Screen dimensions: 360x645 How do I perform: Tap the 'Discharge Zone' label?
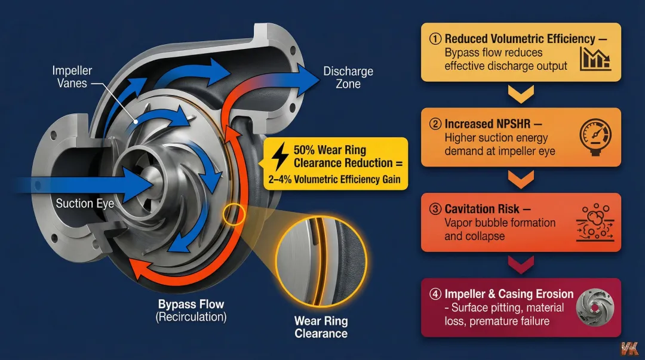coord(348,78)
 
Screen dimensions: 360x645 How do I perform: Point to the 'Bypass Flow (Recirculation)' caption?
coord(191,311)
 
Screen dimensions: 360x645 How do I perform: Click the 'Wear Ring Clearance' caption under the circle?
coord(321,327)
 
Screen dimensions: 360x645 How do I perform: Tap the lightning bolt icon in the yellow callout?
coord(279,156)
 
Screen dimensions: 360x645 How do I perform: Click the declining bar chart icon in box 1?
coord(595,58)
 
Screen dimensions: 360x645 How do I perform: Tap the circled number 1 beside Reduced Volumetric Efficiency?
coord(435,39)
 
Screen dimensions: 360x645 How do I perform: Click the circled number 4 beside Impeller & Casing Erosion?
coord(435,294)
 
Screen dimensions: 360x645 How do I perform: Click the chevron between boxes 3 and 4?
coord(521,263)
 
